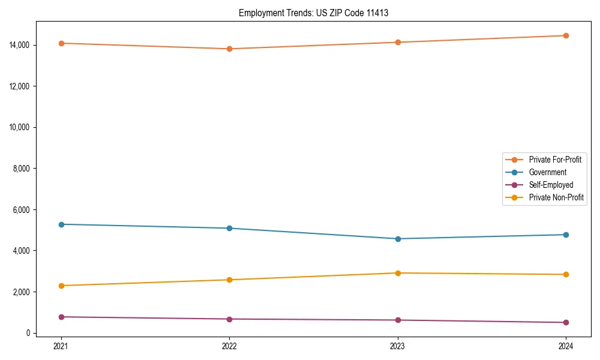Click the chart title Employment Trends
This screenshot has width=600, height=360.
pyautogui.click(x=313, y=13)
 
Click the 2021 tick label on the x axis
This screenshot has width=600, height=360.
pyautogui.click(x=61, y=346)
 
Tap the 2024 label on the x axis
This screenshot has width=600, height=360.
pyautogui.click(x=566, y=346)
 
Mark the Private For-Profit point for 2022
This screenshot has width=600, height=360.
pyautogui.click(x=229, y=49)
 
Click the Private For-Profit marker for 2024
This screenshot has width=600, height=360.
pyautogui.click(x=566, y=35)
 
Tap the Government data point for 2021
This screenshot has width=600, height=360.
pyautogui.click(x=61, y=224)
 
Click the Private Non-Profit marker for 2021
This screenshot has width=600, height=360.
pyautogui.click(x=61, y=286)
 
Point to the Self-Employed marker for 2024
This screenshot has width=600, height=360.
pyautogui.click(x=566, y=322)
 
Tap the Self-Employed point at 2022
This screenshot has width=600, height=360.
pyautogui.click(x=229, y=319)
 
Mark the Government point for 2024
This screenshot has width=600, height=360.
pyautogui.click(x=566, y=235)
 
